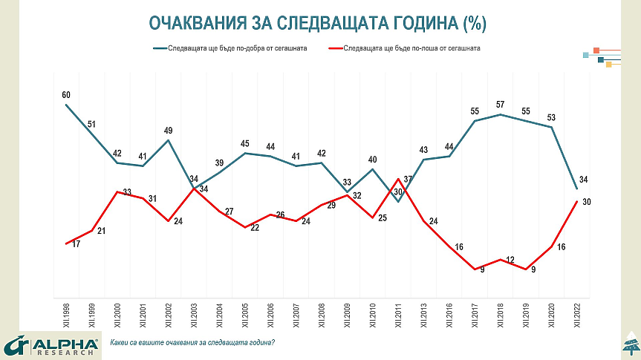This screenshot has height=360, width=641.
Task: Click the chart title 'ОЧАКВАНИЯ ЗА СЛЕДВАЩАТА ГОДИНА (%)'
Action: point(317,23)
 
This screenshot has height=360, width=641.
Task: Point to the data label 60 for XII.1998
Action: point(66,95)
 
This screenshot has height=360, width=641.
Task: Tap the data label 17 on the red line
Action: point(76,243)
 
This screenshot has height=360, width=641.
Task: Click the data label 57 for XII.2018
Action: point(500,104)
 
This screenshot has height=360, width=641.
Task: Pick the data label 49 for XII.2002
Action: point(168,131)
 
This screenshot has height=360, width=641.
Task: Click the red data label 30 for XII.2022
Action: point(587,203)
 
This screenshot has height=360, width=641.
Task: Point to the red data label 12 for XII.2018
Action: point(510,260)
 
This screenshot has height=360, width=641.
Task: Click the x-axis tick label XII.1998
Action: point(66,316)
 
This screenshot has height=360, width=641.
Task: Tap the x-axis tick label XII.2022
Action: point(577,316)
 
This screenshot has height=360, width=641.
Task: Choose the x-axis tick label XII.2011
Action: point(398,316)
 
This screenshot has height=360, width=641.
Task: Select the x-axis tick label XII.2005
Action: point(245,316)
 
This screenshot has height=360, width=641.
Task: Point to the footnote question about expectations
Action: point(192,342)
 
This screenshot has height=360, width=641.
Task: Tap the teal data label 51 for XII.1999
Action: point(91,124)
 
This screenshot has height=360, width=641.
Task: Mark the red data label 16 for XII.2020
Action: point(561,248)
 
